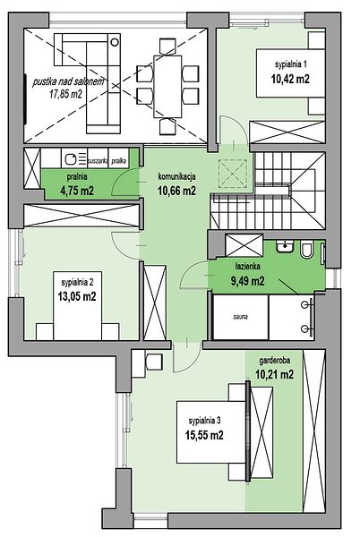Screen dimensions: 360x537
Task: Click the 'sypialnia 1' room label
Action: [x=290, y=64]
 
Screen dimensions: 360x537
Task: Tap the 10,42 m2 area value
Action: [x=290, y=79]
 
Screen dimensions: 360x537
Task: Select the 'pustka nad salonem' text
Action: [x=68, y=81]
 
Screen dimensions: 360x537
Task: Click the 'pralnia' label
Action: [x=77, y=176]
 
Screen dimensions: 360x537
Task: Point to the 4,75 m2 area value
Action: [x=77, y=191]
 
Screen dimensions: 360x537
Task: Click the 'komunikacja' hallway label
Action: [x=176, y=176]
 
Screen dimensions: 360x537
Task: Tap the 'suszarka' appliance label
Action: [x=98, y=161]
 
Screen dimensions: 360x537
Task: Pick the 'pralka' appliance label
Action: [x=118, y=161]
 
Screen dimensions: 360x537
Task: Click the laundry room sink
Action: [x=71, y=159]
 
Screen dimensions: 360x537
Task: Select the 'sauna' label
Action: [x=241, y=317]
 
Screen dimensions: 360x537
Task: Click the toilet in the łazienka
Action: [x=306, y=250]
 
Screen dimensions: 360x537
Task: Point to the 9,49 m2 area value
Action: [x=248, y=281]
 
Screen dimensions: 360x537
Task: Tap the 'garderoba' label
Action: [x=275, y=361]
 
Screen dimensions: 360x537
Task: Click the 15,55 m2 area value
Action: [x=204, y=435]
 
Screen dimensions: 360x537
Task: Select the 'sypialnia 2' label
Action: [x=77, y=283]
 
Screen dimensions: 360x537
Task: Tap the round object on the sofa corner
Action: [x=115, y=42]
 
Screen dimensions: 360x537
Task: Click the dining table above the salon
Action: [x=167, y=86]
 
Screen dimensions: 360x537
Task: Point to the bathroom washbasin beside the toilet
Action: [x=285, y=247]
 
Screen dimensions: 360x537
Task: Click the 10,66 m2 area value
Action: [x=176, y=191]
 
